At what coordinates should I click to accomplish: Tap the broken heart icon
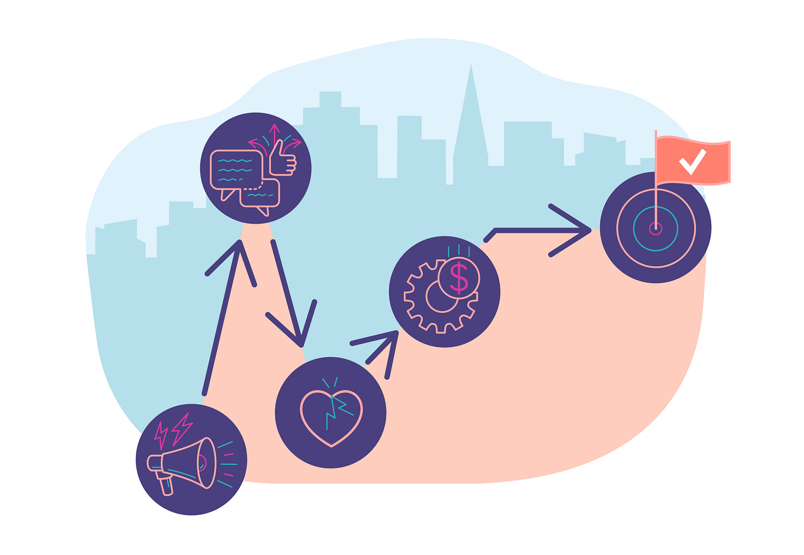(331, 417)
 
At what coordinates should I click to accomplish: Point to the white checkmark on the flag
(692, 161)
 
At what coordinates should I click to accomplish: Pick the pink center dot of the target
(655, 228)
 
